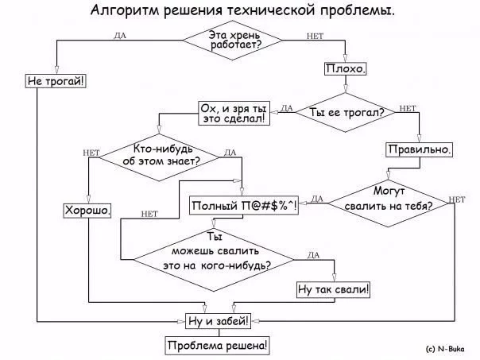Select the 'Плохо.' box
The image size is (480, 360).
click(346, 69)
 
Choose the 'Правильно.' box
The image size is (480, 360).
click(420, 149)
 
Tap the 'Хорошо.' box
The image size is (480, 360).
click(87, 211)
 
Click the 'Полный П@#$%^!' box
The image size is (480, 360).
click(243, 207)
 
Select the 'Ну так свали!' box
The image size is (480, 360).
click(334, 289)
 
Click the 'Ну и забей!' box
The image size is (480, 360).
click(217, 321)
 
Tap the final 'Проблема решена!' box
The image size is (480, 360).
click(217, 346)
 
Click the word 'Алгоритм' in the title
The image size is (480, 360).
click(122, 10)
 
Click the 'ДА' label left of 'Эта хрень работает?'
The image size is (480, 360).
click(120, 36)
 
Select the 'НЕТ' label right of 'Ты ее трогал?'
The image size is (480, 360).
click(407, 108)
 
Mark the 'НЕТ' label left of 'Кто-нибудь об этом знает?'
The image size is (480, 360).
click(90, 151)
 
